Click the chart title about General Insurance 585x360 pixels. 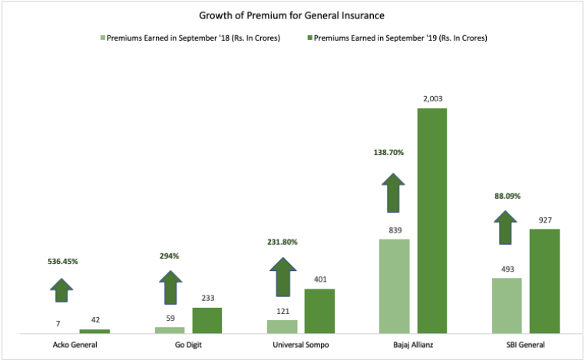coord(291,15)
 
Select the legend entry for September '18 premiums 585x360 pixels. coord(193,37)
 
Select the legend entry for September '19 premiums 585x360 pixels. coord(399,37)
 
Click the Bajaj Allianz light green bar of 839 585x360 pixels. coord(395,286)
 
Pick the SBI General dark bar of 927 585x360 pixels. coord(544,280)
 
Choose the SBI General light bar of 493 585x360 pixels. coord(507,306)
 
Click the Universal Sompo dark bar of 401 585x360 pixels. coord(320,311)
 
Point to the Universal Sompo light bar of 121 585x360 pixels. coord(282,326)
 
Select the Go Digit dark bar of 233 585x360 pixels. coord(207,320)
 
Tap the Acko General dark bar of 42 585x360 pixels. coord(94,331)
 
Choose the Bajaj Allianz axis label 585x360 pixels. coord(413,345)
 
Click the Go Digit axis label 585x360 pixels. coord(189,345)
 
